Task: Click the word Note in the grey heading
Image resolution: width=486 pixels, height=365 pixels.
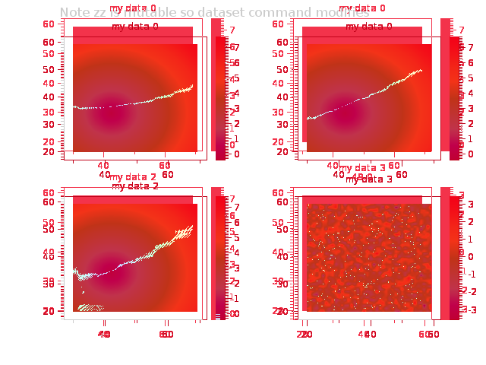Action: point(74,13)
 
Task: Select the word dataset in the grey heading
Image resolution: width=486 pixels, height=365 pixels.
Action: point(214,13)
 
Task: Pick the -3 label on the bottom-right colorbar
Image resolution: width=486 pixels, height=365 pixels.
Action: point(471,309)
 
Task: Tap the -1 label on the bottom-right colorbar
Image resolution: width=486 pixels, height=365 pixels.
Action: point(471,274)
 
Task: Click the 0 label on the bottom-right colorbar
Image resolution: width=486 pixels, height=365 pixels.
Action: point(471,256)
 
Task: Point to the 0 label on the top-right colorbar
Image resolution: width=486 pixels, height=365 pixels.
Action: point(471,154)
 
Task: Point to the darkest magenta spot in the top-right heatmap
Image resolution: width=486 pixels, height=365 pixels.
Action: point(346,119)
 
